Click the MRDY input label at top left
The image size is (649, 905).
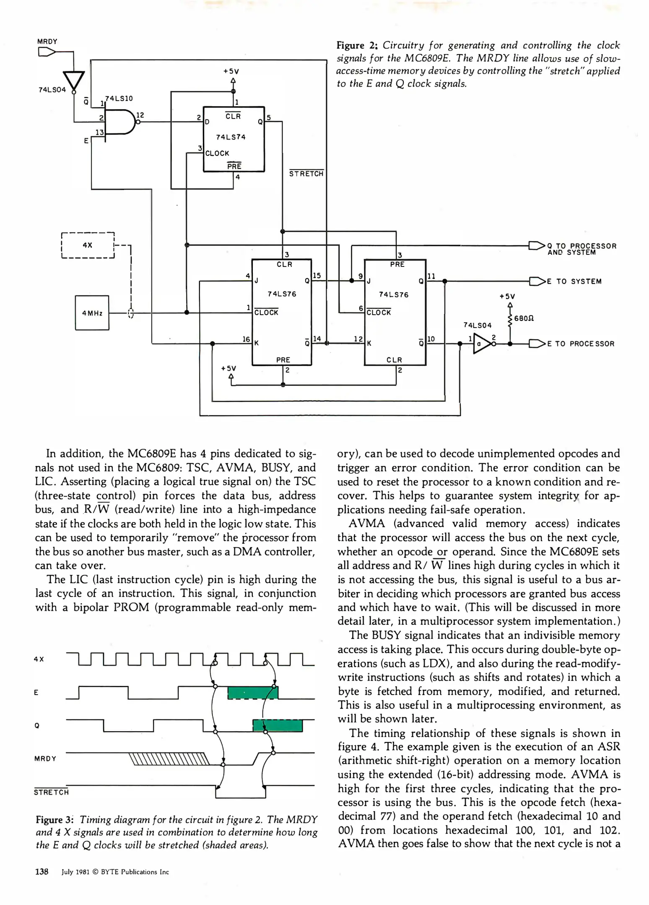pyautogui.click(x=47, y=41)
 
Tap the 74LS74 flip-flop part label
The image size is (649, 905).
pyautogui.click(x=231, y=137)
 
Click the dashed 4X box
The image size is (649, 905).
pyautogui.click(x=88, y=245)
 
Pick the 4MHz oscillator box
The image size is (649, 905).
pyautogui.click(x=92, y=313)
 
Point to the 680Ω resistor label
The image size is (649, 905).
pyautogui.click(x=524, y=318)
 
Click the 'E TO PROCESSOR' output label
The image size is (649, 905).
pyautogui.click(x=581, y=344)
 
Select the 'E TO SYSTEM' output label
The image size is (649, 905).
pyautogui.click(x=574, y=282)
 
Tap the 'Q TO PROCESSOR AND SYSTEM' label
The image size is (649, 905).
pyautogui.click(x=582, y=249)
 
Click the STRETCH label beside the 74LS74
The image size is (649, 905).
pyautogui.click(x=306, y=173)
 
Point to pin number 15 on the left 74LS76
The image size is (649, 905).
pyautogui.click(x=317, y=275)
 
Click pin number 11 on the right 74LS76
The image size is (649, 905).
pyautogui.click(x=431, y=276)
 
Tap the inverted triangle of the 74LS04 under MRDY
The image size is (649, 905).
pyautogui.click(x=73, y=81)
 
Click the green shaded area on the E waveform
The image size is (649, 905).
pyautogui.click(x=252, y=693)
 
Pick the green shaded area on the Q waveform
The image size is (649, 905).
pyautogui.click(x=277, y=726)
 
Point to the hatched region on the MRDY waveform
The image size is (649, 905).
pyautogui.click(x=169, y=759)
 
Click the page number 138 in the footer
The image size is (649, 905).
pyautogui.click(x=42, y=871)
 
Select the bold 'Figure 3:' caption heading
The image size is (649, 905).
pyautogui.click(x=55, y=820)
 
